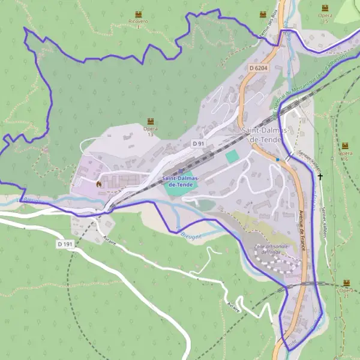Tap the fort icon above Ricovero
coord(139,13)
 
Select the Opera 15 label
coord(325,17)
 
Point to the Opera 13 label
coord(150,131)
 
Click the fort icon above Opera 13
coord(150,121)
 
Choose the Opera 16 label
coord(345,156)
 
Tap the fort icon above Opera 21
coord(346,283)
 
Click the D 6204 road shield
coord(258,68)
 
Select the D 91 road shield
coord(199,143)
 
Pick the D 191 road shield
coord(65,244)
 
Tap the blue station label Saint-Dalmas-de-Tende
coord(181,181)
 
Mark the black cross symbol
coord(320,176)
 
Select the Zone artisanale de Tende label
coord(272,250)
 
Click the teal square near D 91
coord(232,156)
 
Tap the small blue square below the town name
coord(278,160)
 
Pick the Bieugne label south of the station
coord(191,235)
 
